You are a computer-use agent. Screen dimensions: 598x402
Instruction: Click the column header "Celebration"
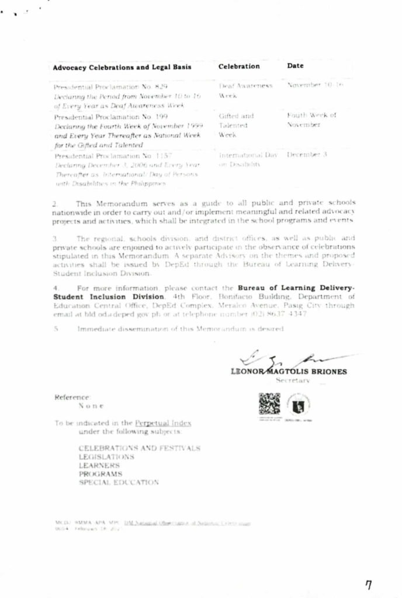coord(239,67)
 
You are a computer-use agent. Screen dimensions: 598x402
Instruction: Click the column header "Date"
coord(295,66)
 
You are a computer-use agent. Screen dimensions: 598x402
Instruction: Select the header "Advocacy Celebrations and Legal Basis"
coord(122,67)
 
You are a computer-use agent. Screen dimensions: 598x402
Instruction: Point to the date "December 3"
coord(307,155)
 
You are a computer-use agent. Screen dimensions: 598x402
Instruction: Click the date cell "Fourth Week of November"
coord(311,120)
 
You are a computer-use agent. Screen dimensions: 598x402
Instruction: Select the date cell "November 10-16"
coord(315,85)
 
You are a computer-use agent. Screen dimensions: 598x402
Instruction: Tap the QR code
coord(269,404)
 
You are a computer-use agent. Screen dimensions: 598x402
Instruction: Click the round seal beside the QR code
coord(299,404)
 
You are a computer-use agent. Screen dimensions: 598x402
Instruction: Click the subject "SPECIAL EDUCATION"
coord(119,483)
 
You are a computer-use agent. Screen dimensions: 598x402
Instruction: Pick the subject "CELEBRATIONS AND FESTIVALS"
coord(140,448)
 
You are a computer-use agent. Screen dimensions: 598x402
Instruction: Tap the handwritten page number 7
coord(368,585)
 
